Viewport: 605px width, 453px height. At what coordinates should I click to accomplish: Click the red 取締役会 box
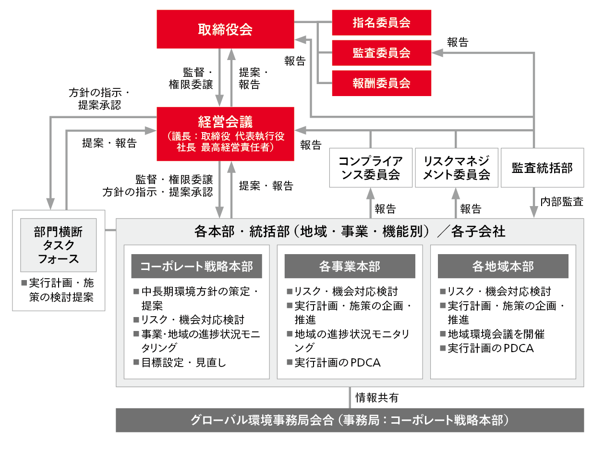(x=225, y=29)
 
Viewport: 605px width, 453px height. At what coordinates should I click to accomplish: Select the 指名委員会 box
(x=381, y=23)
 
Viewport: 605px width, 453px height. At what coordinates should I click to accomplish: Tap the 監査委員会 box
(x=381, y=53)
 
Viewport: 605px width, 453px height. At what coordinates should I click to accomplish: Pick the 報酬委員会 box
(x=381, y=83)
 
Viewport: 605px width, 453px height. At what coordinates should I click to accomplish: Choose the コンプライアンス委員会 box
(x=371, y=168)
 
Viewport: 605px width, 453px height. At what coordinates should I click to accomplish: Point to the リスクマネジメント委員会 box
(x=456, y=168)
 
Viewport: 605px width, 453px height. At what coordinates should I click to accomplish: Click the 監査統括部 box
(x=542, y=168)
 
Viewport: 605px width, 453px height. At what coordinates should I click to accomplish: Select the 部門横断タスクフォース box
(x=58, y=245)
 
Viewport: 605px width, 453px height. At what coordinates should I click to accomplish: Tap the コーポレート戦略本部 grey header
(x=196, y=266)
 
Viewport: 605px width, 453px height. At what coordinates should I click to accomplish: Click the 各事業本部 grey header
(x=350, y=266)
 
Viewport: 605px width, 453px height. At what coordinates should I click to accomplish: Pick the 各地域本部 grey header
(x=503, y=266)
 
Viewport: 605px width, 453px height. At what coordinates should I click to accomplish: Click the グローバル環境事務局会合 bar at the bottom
(x=350, y=420)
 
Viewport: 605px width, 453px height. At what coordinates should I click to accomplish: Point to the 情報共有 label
(x=376, y=398)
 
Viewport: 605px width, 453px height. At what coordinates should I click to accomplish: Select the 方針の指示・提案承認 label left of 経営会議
(x=99, y=99)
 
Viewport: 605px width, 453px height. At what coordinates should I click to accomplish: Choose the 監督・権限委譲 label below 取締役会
(x=191, y=78)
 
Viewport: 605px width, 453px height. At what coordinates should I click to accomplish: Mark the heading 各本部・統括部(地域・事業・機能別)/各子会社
(x=350, y=232)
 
